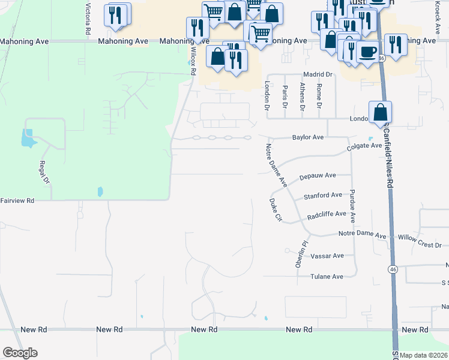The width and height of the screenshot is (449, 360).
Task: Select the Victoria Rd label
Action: (x=88, y=18)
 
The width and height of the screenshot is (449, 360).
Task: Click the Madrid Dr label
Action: (x=318, y=74)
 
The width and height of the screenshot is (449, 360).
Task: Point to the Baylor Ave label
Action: (x=308, y=137)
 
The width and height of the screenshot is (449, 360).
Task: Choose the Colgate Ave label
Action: (x=364, y=146)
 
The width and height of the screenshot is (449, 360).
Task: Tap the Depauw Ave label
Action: (x=318, y=176)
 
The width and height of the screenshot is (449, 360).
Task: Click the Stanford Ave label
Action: (x=322, y=196)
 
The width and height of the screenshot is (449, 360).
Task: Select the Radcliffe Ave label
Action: (x=327, y=214)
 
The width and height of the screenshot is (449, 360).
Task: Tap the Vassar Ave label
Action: (x=327, y=256)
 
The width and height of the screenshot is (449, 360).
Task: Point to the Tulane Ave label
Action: (x=327, y=277)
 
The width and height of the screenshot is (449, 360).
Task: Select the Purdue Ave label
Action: (x=353, y=210)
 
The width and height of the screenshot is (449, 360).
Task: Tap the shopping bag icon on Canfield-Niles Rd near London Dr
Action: (x=380, y=112)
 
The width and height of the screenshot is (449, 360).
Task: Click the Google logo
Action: (x=20, y=353)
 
